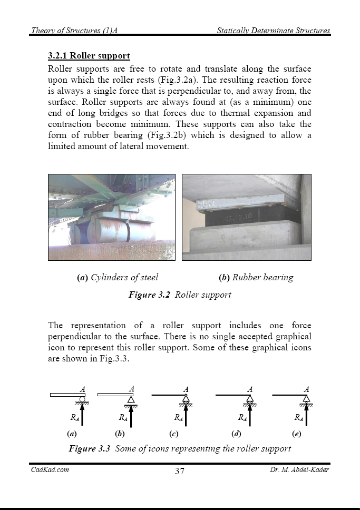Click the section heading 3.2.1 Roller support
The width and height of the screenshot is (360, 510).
(x=89, y=56)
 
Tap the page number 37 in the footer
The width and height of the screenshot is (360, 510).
(x=180, y=471)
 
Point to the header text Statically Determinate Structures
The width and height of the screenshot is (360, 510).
(x=274, y=31)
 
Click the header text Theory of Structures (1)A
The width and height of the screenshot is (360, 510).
(x=74, y=31)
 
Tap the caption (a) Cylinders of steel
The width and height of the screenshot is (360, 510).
(x=118, y=277)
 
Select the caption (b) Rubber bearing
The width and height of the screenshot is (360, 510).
(x=256, y=277)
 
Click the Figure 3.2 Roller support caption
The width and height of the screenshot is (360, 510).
(x=180, y=295)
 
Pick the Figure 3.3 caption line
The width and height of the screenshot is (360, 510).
(x=180, y=449)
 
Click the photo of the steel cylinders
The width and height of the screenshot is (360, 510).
(x=113, y=217)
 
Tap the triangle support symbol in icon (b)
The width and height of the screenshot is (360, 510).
(x=131, y=400)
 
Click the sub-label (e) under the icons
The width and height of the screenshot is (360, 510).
(x=296, y=435)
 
